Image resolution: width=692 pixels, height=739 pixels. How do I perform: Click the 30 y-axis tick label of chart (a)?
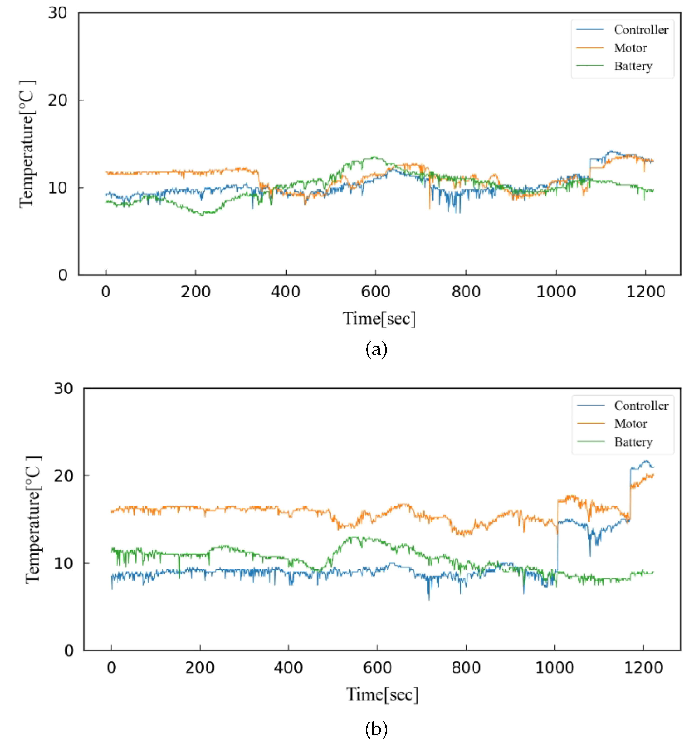pyautogui.click(x=58, y=13)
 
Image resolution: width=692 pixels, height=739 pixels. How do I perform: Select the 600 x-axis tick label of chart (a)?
pyautogui.click(x=376, y=292)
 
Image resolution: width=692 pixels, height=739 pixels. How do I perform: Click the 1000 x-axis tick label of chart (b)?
pyautogui.click(x=554, y=668)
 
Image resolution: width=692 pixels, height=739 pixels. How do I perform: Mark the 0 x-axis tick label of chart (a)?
pyautogui.click(x=106, y=292)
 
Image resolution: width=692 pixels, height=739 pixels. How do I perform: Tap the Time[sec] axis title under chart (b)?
pyautogui.click(x=382, y=694)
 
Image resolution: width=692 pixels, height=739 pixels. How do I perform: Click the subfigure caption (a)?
pyautogui.click(x=376, y=349)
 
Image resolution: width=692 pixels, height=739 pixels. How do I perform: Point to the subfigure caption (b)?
pyautogui.click(x=376, y=729)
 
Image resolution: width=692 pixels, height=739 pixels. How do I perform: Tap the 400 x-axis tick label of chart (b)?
pyautogui.click(x=289, y=668)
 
